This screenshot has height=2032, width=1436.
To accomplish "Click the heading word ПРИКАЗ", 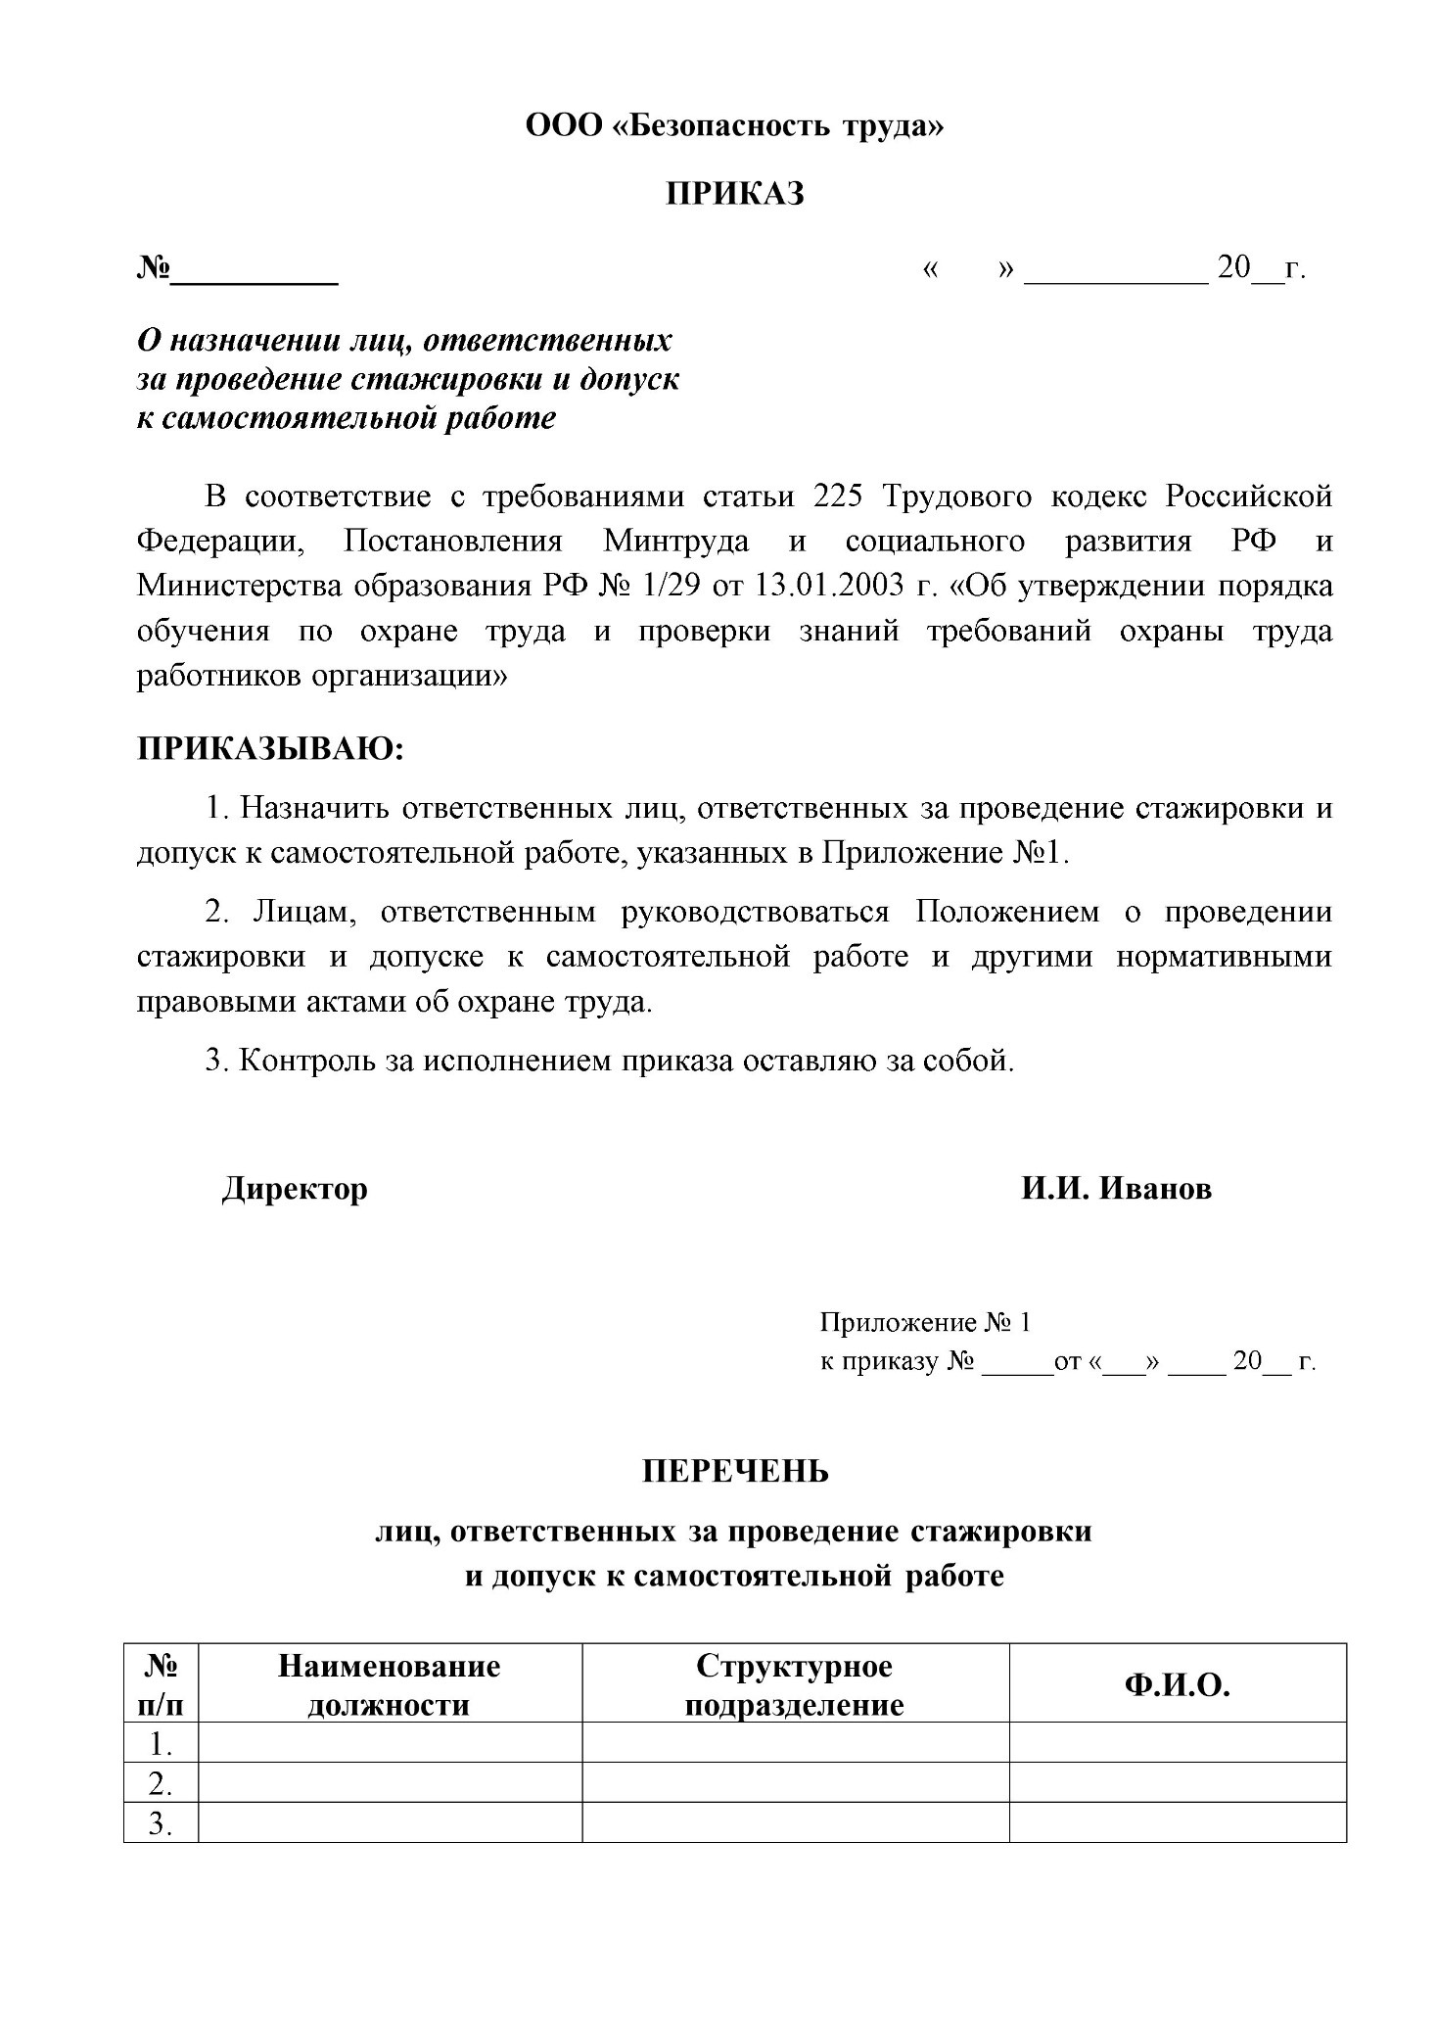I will pyautogui.click(x=735, y=194).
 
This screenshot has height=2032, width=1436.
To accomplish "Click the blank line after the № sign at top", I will pyautogui.click(x=255, y=271).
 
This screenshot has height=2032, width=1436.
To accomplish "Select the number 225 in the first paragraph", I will pyautogui.click(x=837, y=496).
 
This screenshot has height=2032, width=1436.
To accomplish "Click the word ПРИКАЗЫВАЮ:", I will pyautogui.click(x=270, y=749).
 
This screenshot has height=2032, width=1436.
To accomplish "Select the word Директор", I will pyautogui.click(x=295, y=1189).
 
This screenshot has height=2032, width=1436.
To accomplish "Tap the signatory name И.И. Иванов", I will pyautogui.click(x=1116, y=1189).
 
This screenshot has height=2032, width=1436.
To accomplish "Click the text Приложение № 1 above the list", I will pyautogui.click(x=925, y=1323).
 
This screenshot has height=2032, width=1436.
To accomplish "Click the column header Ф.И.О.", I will pyautogui.click(x=1177, y=1685).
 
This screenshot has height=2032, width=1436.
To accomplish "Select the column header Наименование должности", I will pyautogui.click(x=390, y=1685).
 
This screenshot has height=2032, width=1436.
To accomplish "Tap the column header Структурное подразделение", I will pyautogui.click(x=794, y=1685).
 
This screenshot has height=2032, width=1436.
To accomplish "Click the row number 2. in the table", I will pyautogui.click(x=161, y=1784).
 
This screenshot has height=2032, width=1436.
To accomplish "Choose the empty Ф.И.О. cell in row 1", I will pyautogui.click(x=1177, y=1744).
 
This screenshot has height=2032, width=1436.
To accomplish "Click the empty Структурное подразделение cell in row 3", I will pyautogui.click(x=794, y=1823).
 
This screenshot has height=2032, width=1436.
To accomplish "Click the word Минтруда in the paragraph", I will pyautogui.click(x=675, y=542).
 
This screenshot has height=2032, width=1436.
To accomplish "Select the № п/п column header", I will pyautogui.click(x=161, y=1685).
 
